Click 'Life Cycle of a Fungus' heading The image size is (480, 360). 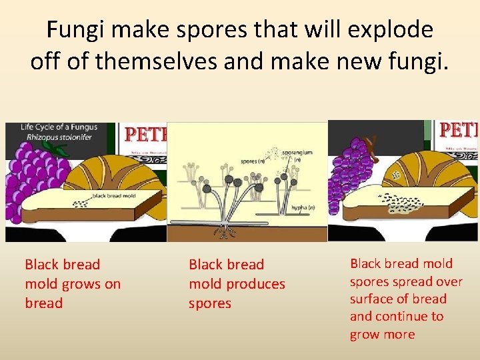[59, 127]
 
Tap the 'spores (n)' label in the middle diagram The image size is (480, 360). [251, 161]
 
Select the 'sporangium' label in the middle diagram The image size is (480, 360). [297, 153]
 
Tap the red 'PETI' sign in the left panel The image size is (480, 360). [145, 135]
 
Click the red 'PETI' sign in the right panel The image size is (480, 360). [459, 129]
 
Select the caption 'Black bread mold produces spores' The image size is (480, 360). [237, 284]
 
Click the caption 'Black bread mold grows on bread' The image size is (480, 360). [73, 284]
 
